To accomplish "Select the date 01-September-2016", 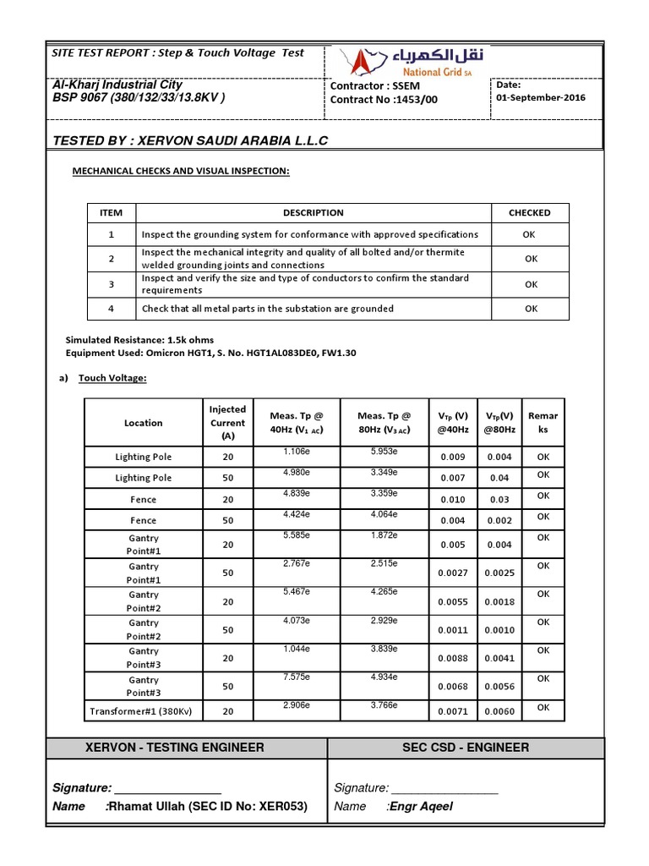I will [x=541, y=97].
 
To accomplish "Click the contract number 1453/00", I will [x=384, y=100].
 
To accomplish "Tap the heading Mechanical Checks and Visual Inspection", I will [x=180, y=172].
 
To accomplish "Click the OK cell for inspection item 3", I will [x=531, y=285].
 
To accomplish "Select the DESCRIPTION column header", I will [x=313, y=213].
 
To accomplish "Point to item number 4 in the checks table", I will [x=112, y=309].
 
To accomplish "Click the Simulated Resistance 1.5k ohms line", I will [x=131, y=340].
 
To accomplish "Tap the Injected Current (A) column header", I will [x=227, y=423].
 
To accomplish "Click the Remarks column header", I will [x=543, y=423].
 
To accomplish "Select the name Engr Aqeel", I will [x=421, y=806].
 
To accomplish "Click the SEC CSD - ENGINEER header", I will [x=466, y=747].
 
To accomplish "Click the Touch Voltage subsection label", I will [x=112, y=378].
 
